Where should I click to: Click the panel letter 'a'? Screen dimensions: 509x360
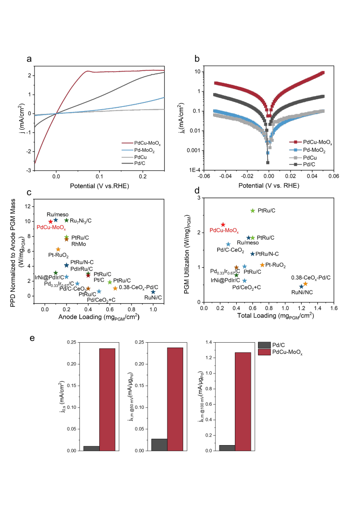[29, 59]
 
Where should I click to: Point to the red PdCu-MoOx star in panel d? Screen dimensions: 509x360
[223, 225]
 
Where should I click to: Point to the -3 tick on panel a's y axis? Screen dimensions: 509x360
[29, 170]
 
